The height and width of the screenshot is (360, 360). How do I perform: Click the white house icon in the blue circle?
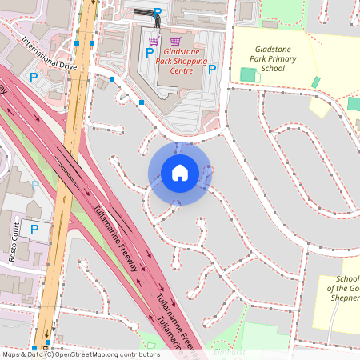[180, 172]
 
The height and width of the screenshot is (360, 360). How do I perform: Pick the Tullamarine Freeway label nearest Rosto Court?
[116, 238]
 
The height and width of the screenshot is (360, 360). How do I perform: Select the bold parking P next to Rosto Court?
[34, 230]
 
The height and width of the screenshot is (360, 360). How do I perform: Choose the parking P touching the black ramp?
[158, 12]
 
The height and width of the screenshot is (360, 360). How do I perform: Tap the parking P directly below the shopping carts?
[150, 53]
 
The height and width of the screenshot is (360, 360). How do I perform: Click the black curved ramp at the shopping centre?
[144, 14]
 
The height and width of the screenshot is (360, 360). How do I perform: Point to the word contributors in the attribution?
[139, 354]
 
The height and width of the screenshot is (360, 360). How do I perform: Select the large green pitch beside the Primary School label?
[248, 74]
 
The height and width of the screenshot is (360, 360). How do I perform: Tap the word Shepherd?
[346, 298]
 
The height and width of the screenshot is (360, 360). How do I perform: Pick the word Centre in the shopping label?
[182, 70]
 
